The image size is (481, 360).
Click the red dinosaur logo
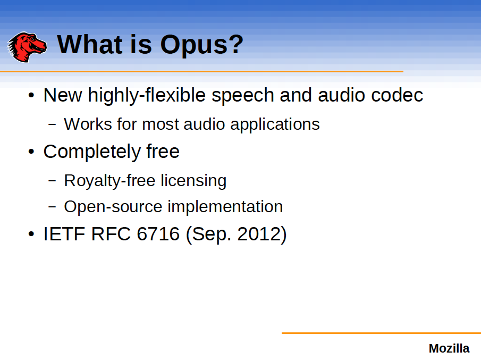[x=27, y=46]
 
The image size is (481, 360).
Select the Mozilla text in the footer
[x=449, y=349]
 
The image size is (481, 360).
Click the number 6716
[x=158, y=234]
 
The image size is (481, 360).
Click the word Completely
[x=92, y=152]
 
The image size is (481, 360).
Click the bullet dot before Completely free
[x=31, y=152]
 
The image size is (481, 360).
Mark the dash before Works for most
[x=52, y=124]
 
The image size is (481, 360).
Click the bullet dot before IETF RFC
[x=31, y=235]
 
